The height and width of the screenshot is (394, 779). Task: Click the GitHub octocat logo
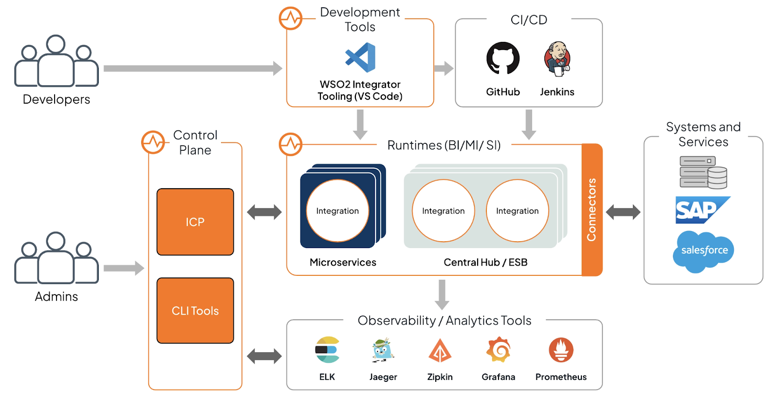[x=503, y=58]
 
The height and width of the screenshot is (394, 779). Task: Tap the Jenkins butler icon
[x=557, y=59]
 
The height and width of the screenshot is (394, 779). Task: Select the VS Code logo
[x=361, y=57]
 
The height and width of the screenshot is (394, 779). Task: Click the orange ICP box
[x=195, y=222]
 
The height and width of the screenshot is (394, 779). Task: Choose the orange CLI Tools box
[x=195, y=311]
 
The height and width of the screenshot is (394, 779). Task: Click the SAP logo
[x=703, y=210]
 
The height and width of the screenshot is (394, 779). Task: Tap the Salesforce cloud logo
[x=704, y=251]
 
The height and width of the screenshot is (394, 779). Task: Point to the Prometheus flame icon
[x=561, y=350]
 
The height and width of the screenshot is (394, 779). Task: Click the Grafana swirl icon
[x=499, y=350]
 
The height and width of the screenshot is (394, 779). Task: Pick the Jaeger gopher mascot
[x=383, y=350]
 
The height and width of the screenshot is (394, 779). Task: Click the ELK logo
[x=327, y=350]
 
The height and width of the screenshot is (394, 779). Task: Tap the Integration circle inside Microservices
[x=337, y=211]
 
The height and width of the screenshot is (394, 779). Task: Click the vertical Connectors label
[x=592, y=210]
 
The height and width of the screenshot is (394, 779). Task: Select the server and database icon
[x=704, y=172]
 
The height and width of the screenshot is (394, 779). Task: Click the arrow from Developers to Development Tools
[x=193, y=69]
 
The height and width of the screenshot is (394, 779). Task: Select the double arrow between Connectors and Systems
[x=623, y=212]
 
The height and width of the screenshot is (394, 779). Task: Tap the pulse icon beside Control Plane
[x=153, y=142]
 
